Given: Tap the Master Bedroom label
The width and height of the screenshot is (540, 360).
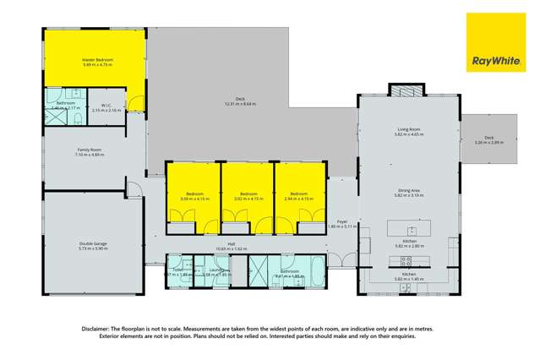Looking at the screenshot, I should click(x=97, y=60).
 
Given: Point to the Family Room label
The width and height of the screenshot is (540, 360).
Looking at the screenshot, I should click(x=90, y=150).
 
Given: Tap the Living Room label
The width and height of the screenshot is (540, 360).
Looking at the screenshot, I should click(x=409, y=129).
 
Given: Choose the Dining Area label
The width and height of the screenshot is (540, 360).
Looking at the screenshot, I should click(x=409, y=191).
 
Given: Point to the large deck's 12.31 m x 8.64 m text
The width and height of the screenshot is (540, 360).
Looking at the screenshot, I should click(x=240, y=103).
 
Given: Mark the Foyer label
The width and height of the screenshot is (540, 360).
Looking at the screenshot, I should click(x=341, y=221).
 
